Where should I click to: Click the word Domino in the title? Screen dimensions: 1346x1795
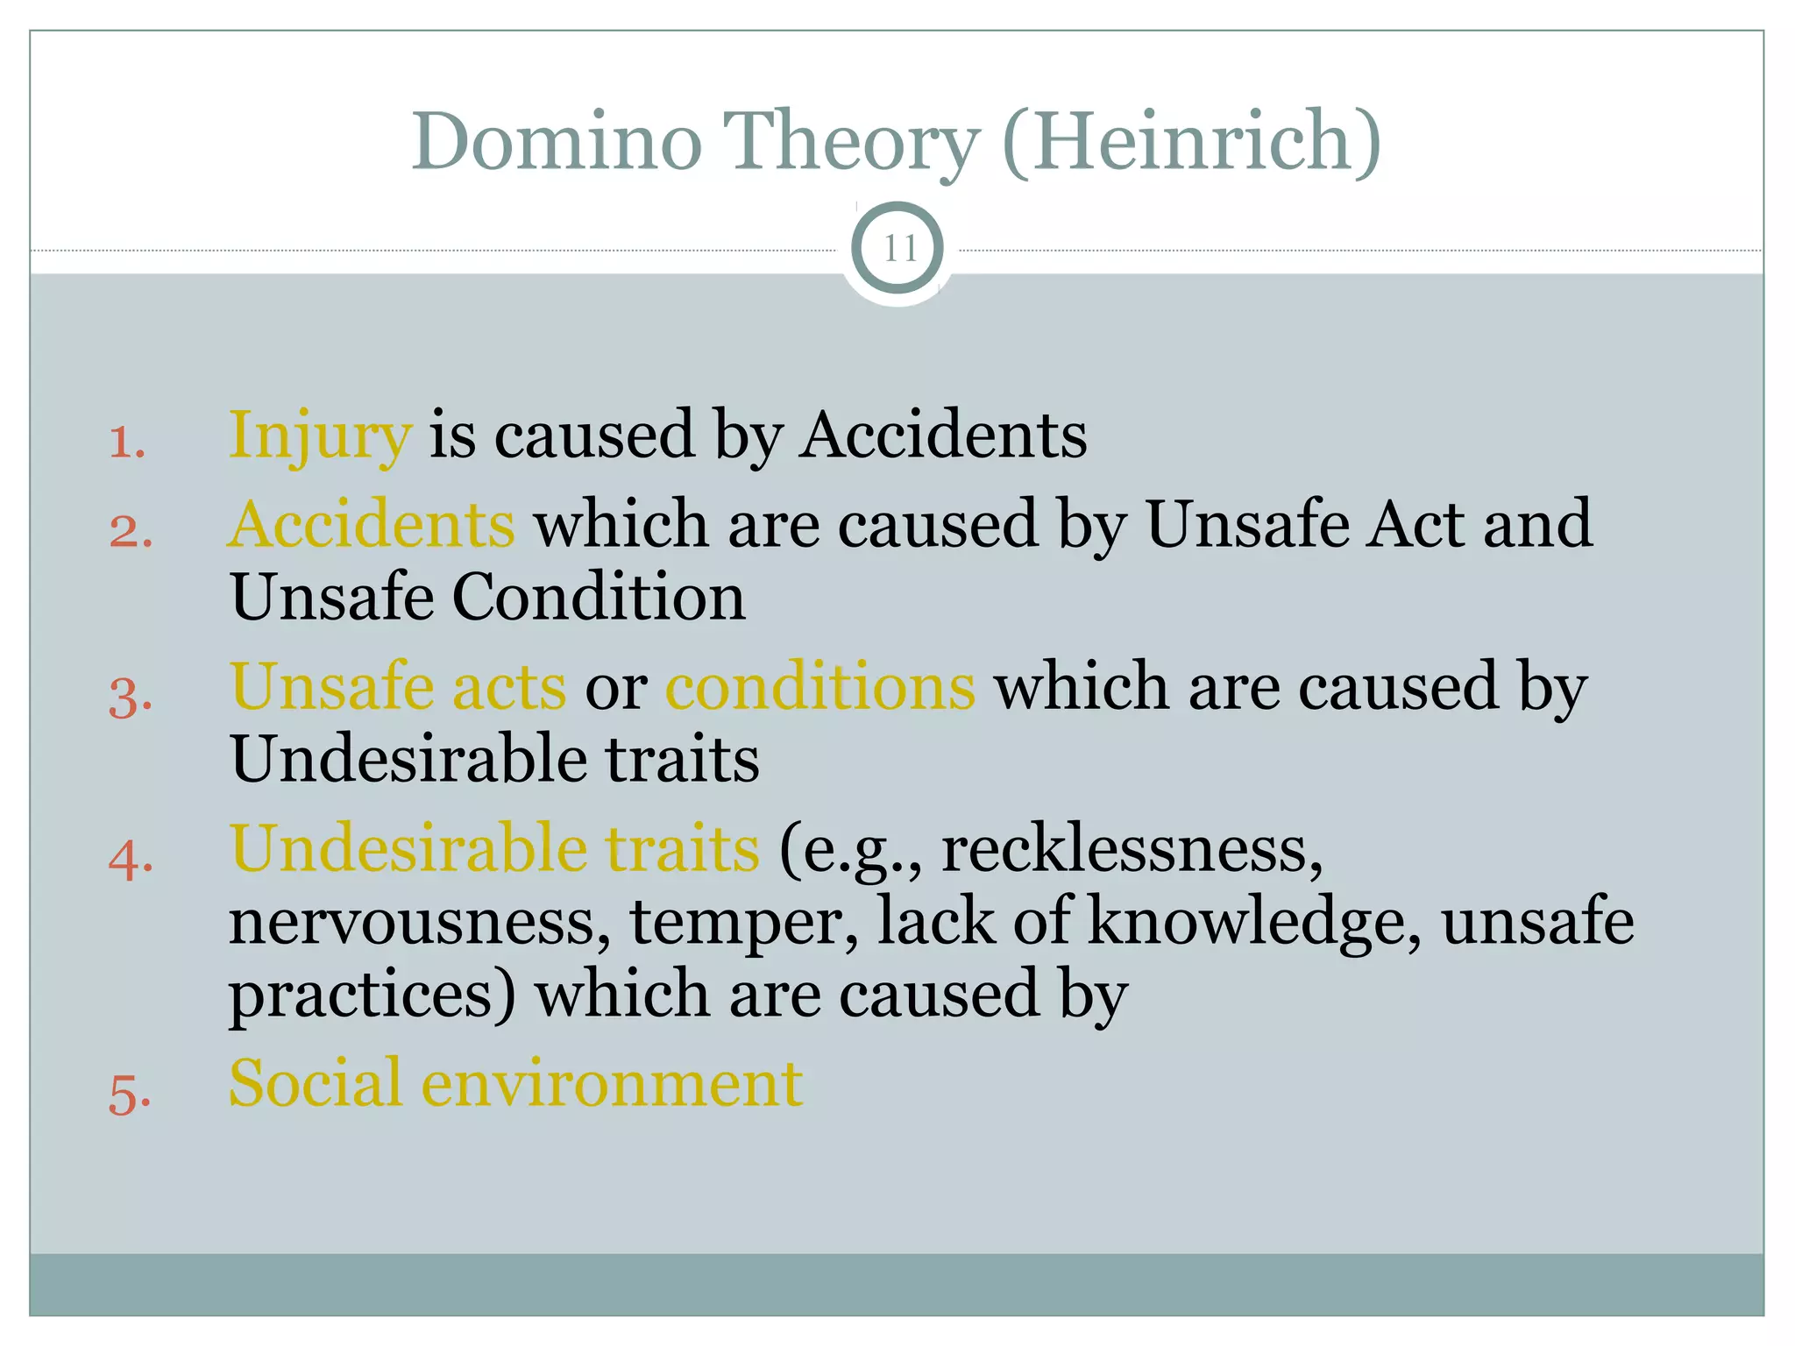(x=557, y=142)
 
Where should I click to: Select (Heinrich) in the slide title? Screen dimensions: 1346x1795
(x=1190, y=142)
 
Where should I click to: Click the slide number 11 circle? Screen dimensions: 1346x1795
(x=897, y=249)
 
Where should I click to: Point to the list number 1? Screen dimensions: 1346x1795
(x=127, y=443)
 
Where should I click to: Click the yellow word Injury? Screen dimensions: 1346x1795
(x=319, y=436)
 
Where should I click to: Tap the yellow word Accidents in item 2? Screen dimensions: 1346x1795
(x=372, y=525)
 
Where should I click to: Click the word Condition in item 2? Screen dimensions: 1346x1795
(x=598, y=598)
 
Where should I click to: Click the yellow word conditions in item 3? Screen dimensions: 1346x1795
(x=819, y=686)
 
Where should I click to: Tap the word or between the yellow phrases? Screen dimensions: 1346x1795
(x=615, y=688)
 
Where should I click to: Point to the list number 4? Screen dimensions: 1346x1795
(x=131, y=859)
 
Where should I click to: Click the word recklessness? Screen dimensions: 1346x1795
(x=1132, y=849)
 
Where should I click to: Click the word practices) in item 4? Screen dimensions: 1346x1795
(x=372, y=996)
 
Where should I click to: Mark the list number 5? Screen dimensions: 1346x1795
(x=130, y=1095)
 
